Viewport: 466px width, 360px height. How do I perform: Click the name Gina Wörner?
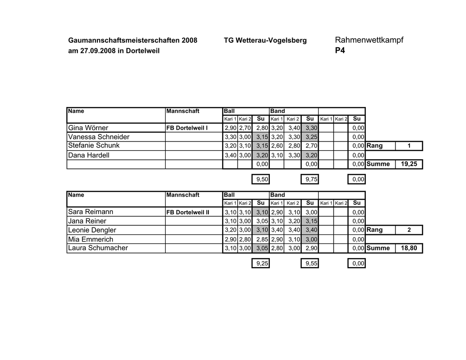tap(88, 128)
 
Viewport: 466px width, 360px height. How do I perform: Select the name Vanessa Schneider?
tap(99, 137)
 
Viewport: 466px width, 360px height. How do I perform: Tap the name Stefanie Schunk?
tap(94, 146)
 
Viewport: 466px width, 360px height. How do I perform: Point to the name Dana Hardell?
tap(89, 155)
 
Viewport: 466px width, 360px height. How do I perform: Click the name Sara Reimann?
tap(91, 212)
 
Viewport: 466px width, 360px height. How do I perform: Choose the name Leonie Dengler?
tap(92, 230)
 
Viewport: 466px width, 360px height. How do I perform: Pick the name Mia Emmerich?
tap(91, 239)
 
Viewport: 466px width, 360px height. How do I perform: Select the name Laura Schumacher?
tap(98, 248)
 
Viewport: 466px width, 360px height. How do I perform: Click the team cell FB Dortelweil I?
tap(187, 128)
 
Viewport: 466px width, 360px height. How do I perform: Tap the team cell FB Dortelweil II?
tap(188, 213)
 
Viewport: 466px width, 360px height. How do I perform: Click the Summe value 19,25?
tap(408, 164)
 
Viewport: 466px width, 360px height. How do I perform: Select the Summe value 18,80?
tap(408, 248)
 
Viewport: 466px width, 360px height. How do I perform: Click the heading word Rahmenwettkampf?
tap(369, 40)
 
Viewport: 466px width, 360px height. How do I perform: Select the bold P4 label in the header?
tap(339, 51)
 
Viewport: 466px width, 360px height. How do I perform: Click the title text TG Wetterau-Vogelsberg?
tap(265, 41)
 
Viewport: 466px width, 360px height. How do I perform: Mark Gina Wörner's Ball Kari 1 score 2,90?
tap(230, 128)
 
